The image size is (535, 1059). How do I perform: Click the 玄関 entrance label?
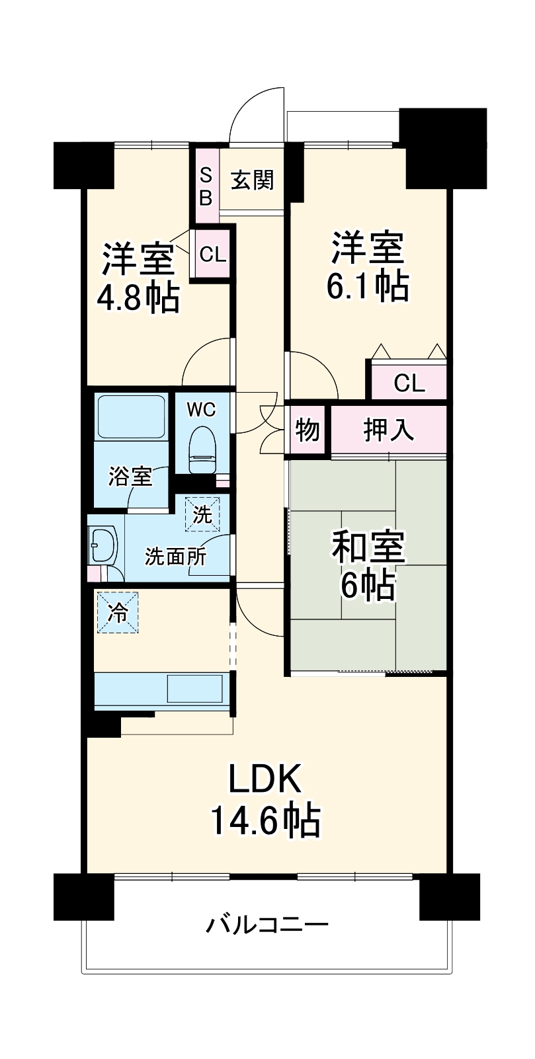pyautogui.click(x=252, y=180)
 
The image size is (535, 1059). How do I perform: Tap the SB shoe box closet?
pyautogui.click(x=206, y=186)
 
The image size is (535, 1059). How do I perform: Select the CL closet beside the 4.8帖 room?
pyautogui.click(x=213, y=255)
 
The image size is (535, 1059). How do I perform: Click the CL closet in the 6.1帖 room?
pyautogui.click(x=409, y=383)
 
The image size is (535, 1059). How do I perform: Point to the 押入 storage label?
pyautogui.click(x=389, y=430)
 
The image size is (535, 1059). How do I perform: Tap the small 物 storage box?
pyautogui.click(x=308, y=430)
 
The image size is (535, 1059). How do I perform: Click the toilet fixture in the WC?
pyautogui.click(x=202, y=450)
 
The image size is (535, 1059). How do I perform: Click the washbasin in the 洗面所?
pyautogui.click(x=104, y=546)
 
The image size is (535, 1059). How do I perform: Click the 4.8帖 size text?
pyautogui.click(x=138, y=299)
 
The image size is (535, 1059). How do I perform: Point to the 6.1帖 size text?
pyautogui.click(x=368, y=286)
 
